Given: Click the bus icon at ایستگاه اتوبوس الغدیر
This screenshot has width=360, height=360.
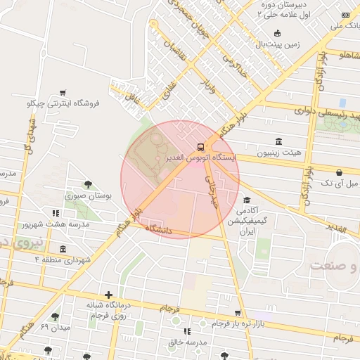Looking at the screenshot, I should (202, 147).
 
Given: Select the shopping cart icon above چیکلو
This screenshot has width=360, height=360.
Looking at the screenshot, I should (63, 92).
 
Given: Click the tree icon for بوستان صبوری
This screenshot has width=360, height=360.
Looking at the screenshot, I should (87, 185).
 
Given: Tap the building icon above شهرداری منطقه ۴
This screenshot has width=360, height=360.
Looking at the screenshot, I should (63, 249).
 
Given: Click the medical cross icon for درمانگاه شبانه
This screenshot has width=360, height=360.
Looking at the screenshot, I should (108, 295).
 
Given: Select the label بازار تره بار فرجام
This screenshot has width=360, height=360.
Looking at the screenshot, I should (238, 323).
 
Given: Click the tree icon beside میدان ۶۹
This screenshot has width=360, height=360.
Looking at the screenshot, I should (56, 316).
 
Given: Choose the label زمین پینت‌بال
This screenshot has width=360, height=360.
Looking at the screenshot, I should (277, 44).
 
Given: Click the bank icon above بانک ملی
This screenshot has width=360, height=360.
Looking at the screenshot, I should (345, 15).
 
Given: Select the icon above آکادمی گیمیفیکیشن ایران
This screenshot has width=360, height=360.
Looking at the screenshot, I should (246, 200).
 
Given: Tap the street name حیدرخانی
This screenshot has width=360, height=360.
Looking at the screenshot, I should (212, 190).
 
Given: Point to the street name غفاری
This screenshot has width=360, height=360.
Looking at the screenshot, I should (169, 88).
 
